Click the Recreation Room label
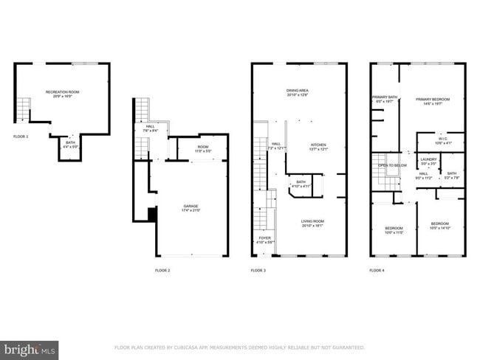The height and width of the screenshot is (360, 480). [62, 92]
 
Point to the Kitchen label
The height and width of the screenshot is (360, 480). [318, 145]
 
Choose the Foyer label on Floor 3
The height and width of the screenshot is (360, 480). [264, 238]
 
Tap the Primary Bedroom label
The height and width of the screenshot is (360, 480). [432, 99]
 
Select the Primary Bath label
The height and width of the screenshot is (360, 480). [384, 97]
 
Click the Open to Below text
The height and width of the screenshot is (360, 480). [392, 165]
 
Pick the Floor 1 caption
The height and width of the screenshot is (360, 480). [21, 136]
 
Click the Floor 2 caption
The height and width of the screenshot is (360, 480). [162, 271]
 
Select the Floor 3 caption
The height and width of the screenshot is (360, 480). [258, 271]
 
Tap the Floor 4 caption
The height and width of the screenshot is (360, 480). [377, 271]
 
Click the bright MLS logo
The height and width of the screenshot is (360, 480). [30, 348]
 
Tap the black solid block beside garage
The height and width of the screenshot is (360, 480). [152, 215]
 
